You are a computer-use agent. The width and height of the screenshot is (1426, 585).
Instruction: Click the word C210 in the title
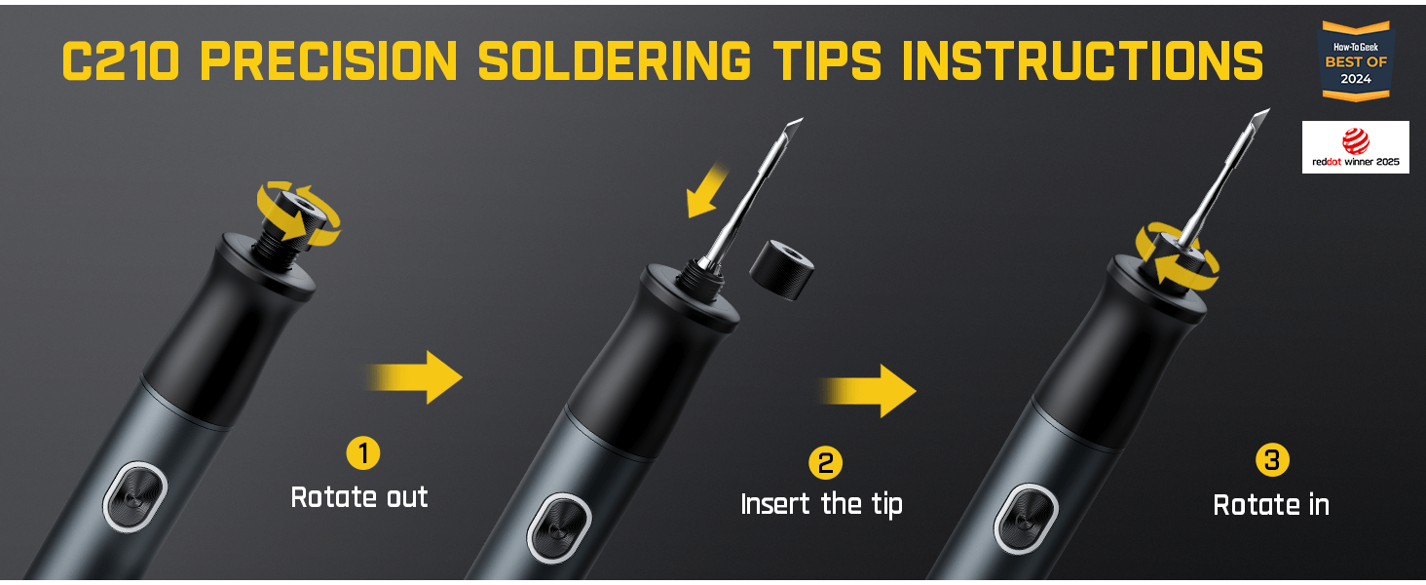pyautogui.click(x=121, y=61)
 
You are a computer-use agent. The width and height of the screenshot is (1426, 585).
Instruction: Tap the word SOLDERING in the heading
pyautogui.click(x=615, y=61)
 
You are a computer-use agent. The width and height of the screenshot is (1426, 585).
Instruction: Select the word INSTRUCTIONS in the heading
pyautogui.click(x=1082, y=61)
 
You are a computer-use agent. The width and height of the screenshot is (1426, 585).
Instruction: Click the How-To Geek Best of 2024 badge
pyautogui.click(x=1355, y=61)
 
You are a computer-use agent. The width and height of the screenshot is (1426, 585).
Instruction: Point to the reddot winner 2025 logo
pyautogui.click(x=1355, y=147)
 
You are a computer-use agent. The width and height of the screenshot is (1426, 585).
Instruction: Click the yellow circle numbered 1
pyautogui.click(x=363, y=453)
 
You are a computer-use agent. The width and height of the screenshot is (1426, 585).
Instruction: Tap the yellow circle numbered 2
pyautogui.click(x=825, y=463)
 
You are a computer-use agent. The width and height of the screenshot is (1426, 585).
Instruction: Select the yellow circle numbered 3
pyautogui.click(x=1272, y=459)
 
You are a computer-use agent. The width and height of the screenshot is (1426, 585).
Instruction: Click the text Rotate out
pyautogui.click(x=359, y=497)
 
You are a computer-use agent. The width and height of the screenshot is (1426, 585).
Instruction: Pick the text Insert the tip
pyautogui.click(x=821, y=505)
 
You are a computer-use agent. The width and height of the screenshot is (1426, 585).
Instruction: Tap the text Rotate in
pyautogui.click(x=1271, y=505)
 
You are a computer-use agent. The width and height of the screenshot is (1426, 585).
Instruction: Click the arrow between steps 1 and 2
pyautogui.click(x=414, y=377)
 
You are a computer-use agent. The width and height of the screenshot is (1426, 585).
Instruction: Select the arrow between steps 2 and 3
pyautogui.click(x=868, y=391)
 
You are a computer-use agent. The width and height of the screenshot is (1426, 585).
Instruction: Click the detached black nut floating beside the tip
pyautogui.click(x=781, y=269)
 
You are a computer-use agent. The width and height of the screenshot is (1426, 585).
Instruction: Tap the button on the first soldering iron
pyautogui.click(x=135, y=496)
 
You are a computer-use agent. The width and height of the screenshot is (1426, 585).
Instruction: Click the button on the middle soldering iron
pyautogui.click(x=559, y=527)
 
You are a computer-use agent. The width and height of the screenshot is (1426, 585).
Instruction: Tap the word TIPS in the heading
pyautogui.click(x=827, y=61)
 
